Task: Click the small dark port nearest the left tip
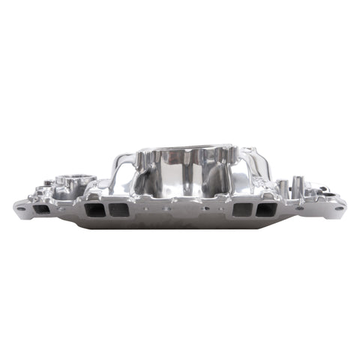point(43,209)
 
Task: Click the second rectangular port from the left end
point(95,210)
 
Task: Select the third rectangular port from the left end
point(120,210)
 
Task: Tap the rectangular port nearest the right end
point(265,210)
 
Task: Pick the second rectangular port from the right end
point(241,210)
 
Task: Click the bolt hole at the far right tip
point(339,208)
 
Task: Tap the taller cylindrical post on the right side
point(298,185)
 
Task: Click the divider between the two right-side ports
point(253,210)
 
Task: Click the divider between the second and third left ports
point(108,210)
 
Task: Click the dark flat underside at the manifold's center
point(180,219)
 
